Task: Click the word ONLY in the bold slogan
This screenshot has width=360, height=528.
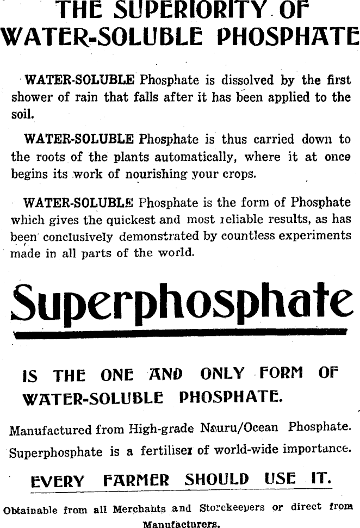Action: tap(222, 374)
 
